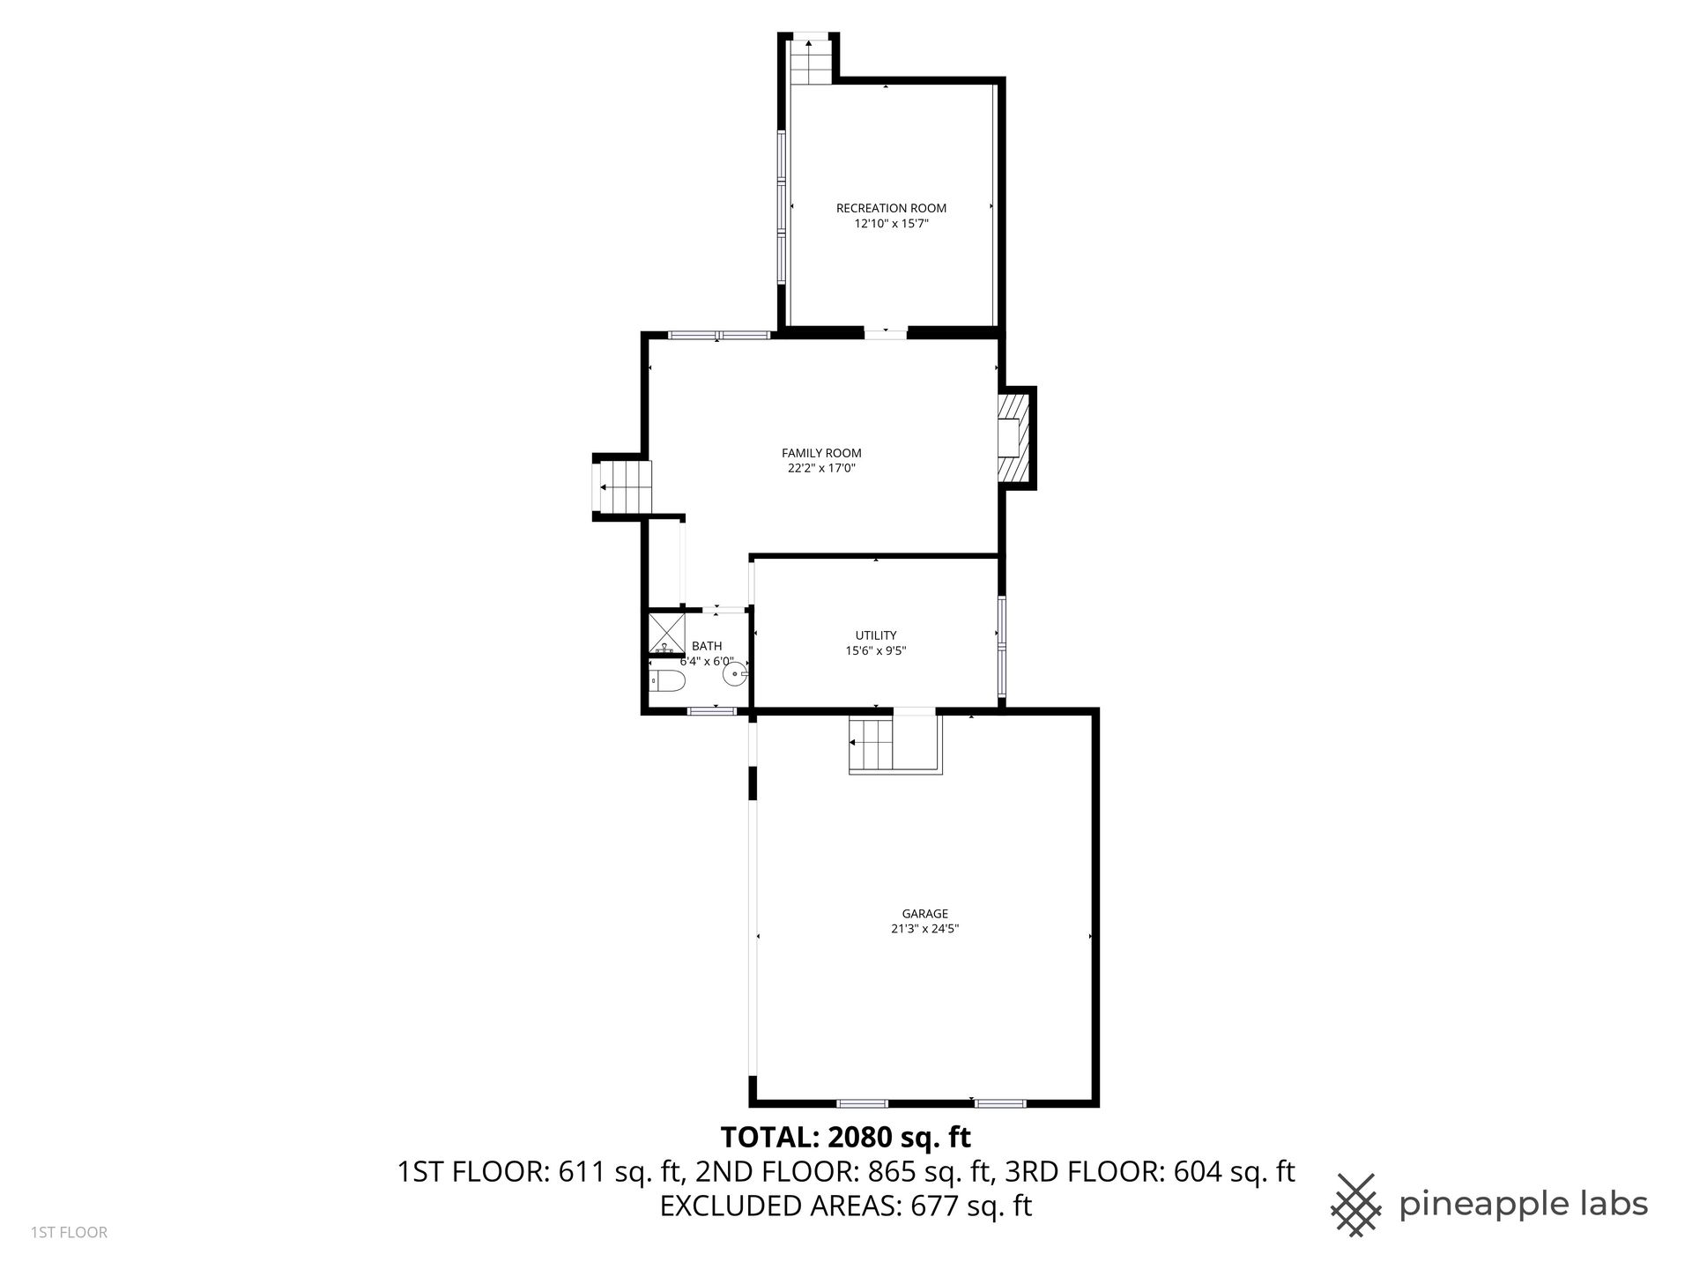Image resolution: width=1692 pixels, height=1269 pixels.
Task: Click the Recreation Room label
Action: [891, 208]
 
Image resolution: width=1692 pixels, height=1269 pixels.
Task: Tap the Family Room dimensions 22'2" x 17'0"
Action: [821, 469]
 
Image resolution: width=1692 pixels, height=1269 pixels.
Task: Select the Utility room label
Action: [876, 635]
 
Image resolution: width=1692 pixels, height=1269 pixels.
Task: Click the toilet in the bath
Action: [667, 680]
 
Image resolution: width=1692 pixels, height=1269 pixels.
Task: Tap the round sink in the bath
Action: [735, 675]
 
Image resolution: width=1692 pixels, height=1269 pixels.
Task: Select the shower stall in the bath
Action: [667, 632]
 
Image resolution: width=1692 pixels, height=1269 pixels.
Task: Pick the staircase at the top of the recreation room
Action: [809, 60]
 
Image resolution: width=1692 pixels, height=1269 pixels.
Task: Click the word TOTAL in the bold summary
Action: [768, 1137]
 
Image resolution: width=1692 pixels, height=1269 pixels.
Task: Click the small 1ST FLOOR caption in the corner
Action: [69, 1232]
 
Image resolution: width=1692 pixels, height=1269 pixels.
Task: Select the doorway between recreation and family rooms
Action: [886, 333]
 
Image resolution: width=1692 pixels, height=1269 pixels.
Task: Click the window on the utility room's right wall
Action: [1002, 648]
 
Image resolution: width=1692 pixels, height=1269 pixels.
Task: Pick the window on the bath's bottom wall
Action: [712, 710]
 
